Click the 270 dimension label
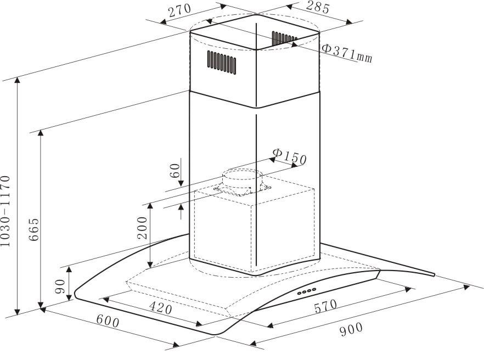click(x=180, y=11)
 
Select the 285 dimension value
click(x=318, y=8)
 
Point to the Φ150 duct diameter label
click(x=290, y=156)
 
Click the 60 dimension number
click(x=175, y=171)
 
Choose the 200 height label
click(x=142, y=228)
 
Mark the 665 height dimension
click(x=33, y=229)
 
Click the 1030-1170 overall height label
click(x=5, y=211)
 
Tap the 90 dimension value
click(x=60, y=286)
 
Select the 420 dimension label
click(x=160, y=307)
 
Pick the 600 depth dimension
click(x=108, y=321)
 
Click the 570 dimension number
click(x=325, y=306)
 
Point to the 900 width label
click(x=351, y=329)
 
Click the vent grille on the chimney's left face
click(x=222, y=63)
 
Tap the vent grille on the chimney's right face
click(x=284, y=38)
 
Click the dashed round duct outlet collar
click(x=243, y=182)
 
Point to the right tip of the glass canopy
click(x=434, y=274)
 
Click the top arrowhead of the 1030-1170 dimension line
click(x=18, y=80)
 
